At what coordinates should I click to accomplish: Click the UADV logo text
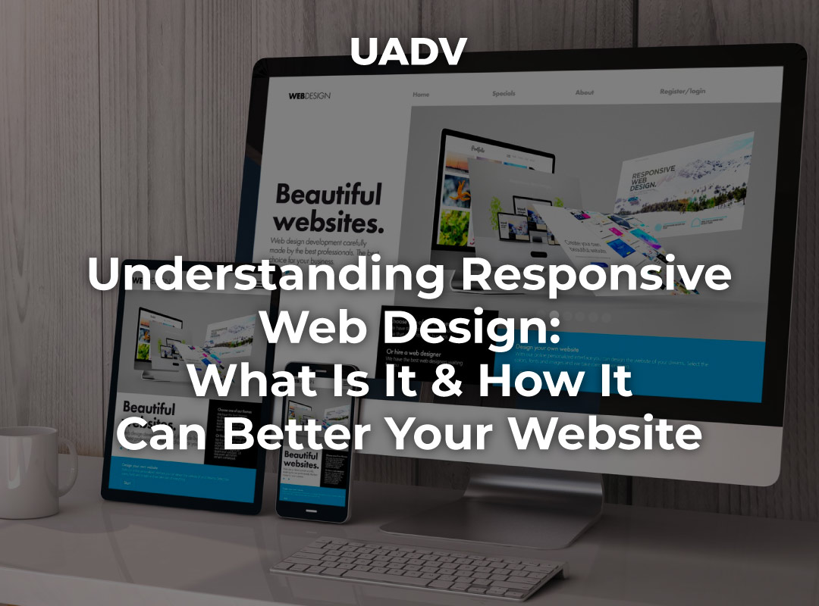pos(409,51)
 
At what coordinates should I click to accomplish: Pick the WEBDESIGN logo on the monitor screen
pos(309,95)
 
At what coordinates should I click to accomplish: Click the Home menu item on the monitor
pos(421,95)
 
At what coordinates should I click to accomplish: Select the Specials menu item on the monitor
pos(504,94)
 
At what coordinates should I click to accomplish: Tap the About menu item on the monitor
pos(584,92)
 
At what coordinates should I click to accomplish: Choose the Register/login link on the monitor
pos(682,91)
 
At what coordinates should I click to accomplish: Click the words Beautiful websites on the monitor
pos(328,207)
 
